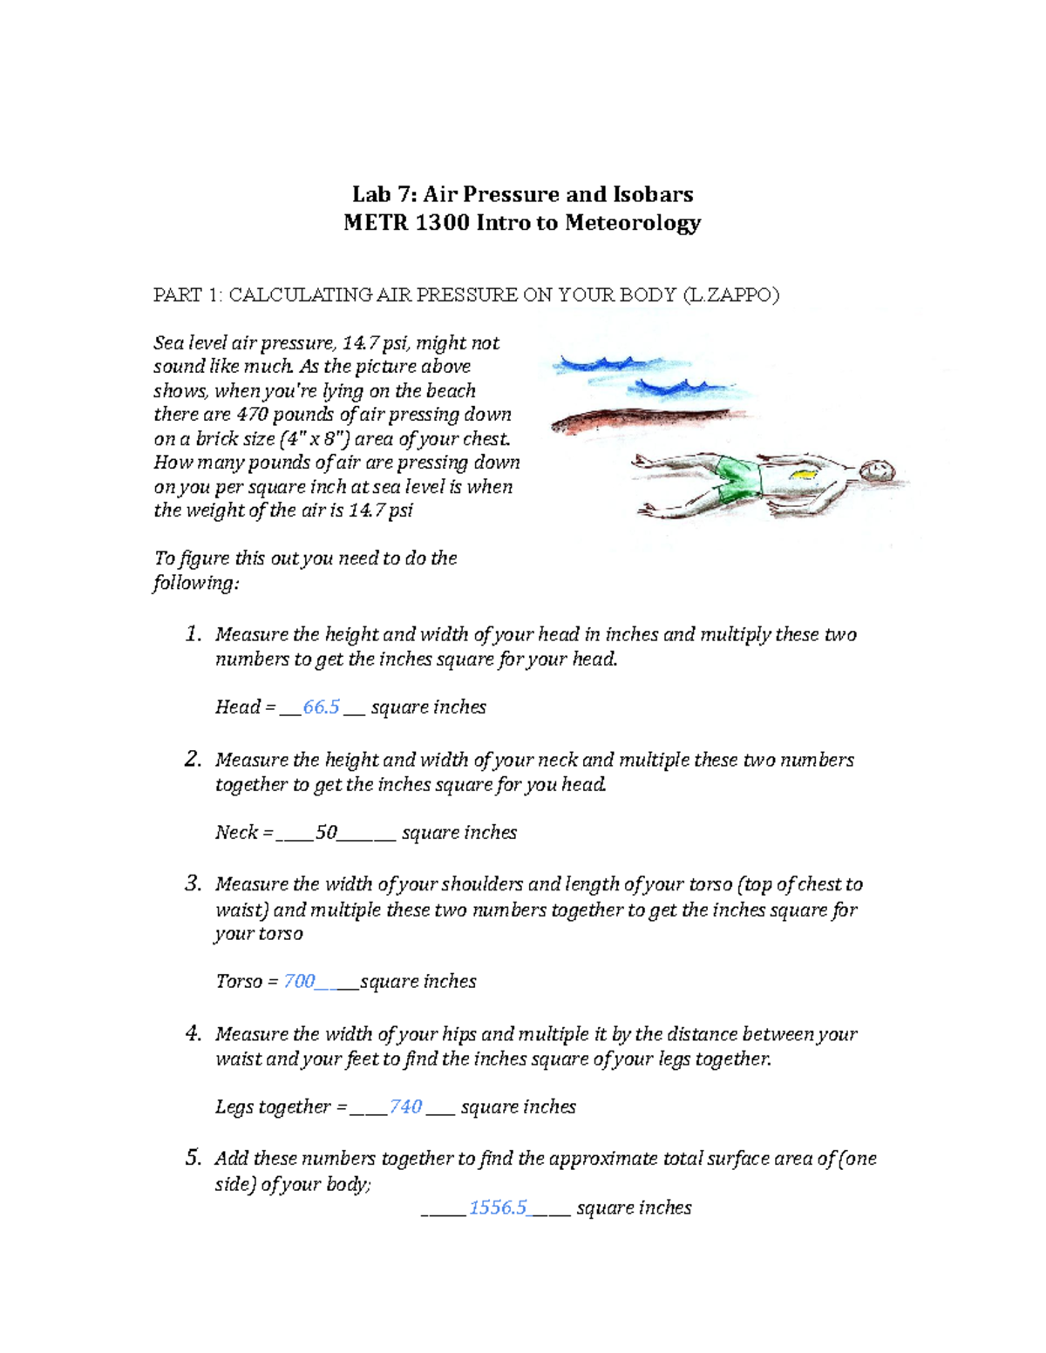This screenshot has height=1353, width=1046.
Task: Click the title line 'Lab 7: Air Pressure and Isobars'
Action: click(x=522, y=193)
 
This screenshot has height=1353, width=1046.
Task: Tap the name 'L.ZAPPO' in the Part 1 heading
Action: click(x=730, y=294)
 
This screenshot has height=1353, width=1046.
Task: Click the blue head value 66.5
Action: click(x=321, y=707)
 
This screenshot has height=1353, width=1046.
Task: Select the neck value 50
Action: click(x=326, y=832)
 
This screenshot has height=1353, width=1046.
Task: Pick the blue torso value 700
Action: click(x=299, y=981)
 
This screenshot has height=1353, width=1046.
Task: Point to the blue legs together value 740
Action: click(x=405, y=1106)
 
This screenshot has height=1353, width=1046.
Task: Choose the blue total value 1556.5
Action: click(x=498, y=1208)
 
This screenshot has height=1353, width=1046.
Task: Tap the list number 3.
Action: click(x=193, y=883)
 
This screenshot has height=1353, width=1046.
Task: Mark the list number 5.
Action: click(x=193, y=1158)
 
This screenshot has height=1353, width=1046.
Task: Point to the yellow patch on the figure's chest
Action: click(x=803, y=474)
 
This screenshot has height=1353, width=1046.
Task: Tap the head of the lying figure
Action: click(x=875, y=470)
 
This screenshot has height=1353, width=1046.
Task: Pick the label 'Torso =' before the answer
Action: click(x=247, y=981)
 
